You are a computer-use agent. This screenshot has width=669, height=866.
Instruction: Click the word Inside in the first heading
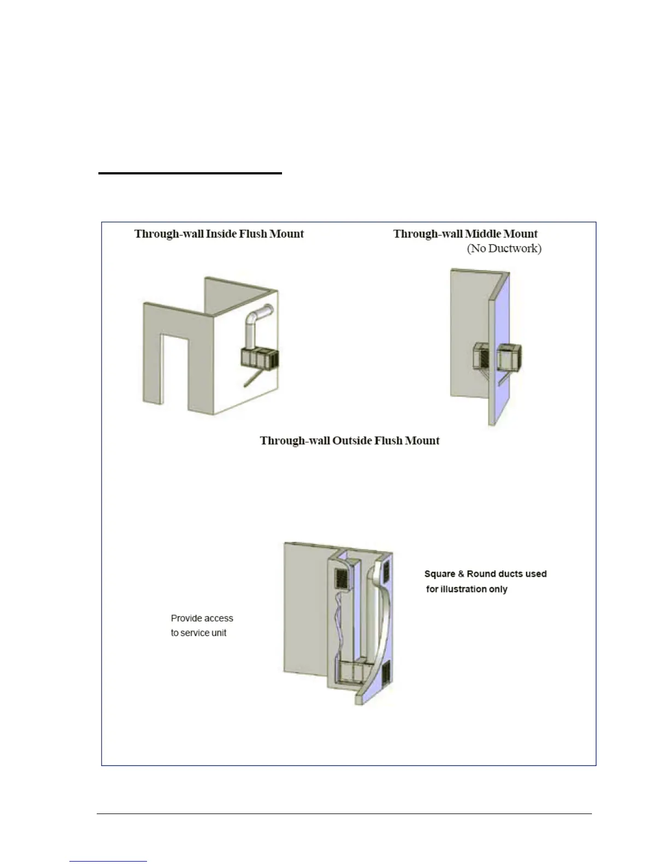221,234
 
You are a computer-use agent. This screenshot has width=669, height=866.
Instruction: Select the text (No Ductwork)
504,249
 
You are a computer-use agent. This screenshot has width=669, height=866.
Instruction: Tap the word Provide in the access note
186,618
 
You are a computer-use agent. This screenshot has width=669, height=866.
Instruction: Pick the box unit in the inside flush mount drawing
260,358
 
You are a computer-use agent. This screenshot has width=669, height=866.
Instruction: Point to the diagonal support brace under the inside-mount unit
256,378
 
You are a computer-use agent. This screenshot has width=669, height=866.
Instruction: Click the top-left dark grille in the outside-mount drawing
341,577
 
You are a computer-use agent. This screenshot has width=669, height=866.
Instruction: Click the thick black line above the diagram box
190,173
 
